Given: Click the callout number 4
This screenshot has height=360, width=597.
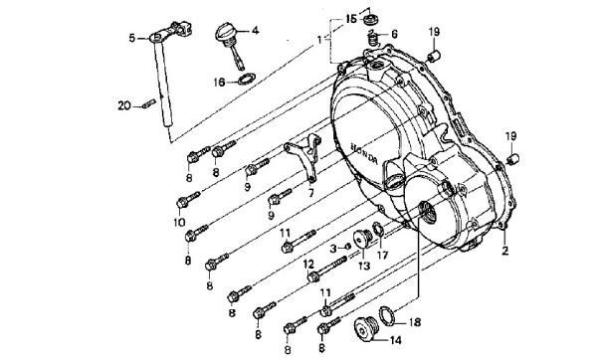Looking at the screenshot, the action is tap(255, 30).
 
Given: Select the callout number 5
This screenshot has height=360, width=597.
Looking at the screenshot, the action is tap(132, 38).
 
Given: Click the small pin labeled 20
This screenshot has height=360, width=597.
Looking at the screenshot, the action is tap(149, 103).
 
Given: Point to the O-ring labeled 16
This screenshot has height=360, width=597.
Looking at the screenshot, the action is tap(246, 80).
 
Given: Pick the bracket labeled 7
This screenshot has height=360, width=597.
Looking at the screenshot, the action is tap(304, 157).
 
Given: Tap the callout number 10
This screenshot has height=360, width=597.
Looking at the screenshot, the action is tap(179, 222).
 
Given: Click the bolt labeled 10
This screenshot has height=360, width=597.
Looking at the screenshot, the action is tap(188, 200).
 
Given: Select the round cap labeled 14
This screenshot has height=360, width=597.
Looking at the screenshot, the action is tap(366, 330).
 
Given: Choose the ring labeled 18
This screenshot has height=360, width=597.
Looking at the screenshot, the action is tap(388, 315).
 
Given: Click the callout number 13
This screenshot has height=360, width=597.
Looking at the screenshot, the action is tap(364, 266).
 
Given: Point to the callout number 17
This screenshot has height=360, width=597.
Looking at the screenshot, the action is tap(382, 255).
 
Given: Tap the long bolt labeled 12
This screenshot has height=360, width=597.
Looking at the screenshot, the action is tap(327, 270).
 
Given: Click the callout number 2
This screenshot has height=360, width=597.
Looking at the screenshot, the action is tap(504, 251).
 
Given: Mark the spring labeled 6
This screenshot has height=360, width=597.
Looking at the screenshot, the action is tap(373, 39).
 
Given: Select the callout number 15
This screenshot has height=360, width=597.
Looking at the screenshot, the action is tap(351, 18).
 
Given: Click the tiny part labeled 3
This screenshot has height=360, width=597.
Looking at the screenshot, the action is tap(347, 247).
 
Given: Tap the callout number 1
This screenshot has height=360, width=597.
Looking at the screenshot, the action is tap(319, 39).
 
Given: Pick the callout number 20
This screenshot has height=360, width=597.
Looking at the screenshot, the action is tap(124, 105).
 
